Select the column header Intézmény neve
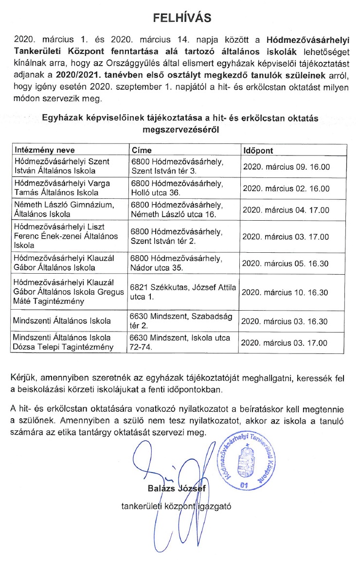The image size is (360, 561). coord(45,149)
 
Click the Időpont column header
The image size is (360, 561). coord(258,149)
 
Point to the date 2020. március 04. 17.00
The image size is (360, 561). coord(286,210)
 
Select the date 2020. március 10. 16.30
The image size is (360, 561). coord(286,292)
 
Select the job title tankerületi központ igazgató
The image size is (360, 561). coord(176,505)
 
